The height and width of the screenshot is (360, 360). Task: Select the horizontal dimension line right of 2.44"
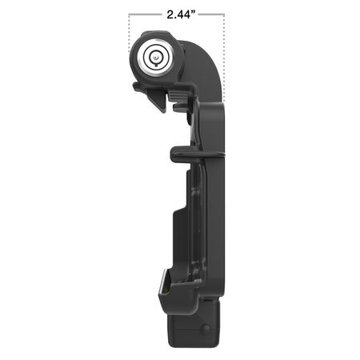212,14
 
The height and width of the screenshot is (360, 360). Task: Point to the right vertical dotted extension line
223,48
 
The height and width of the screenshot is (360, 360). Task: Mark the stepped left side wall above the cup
178,240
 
